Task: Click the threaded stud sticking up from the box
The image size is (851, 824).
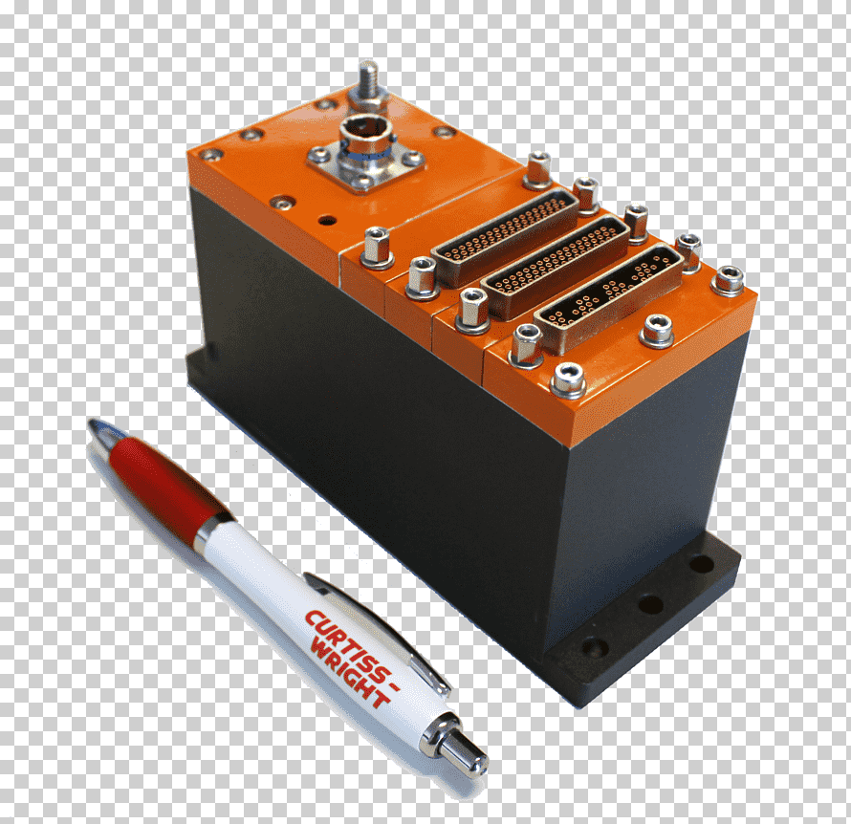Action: pos(368,81)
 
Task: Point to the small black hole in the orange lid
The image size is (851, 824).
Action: pos(327,221)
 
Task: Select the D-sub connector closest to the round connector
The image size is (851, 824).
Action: pos(506,236)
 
